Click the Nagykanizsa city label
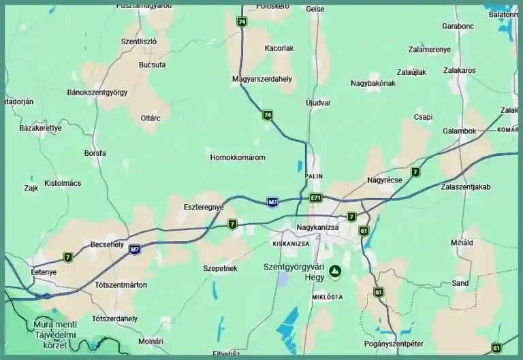click(x=318, y=227)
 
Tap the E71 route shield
click(x=315, y=198)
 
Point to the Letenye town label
click(x=44, y=272)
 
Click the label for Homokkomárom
click(x=238, y=157)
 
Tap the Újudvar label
click(x=318, y=103)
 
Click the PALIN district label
click(x=314, y=176)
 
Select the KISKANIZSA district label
click(x=291, y=243)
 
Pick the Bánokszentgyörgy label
click(x=97, y=92)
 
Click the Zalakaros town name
click(x=459, y=70)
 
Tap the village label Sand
click(x=460, y=283)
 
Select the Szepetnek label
click(x=220, y=269)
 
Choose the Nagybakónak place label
click(x=373, y=83)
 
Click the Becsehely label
click(x=107, y=244)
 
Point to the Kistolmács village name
click(x=62, y=183)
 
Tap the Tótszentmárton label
click(x=121, y=284)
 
